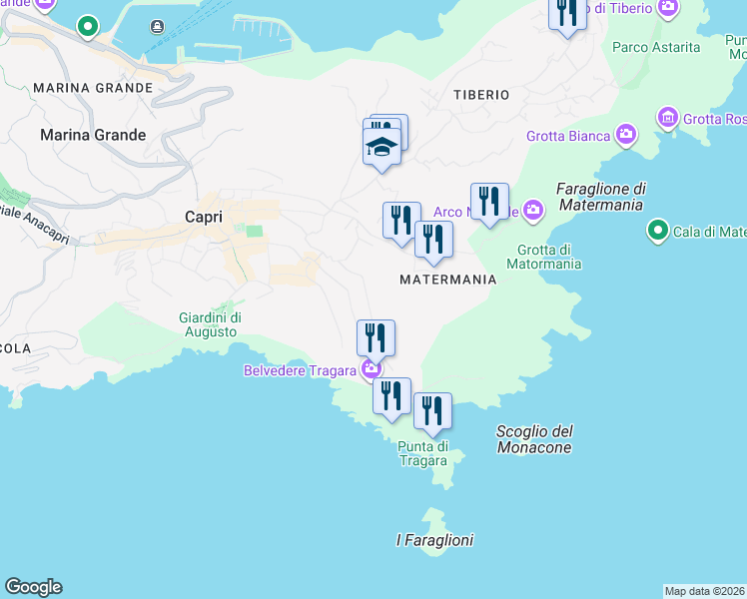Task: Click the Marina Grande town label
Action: click(x=93, y=135)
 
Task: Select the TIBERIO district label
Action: click(x=481, y=95)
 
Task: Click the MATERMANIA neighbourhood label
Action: click(x=447, y=281)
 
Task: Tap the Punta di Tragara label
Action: click(x=422, y=453)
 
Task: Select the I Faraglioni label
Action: click(x=434, y=540)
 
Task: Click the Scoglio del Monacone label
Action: click(x=534, y=439)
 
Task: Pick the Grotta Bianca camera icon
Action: click(x=626, y=134)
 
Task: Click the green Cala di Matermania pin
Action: click(x=657, y=232)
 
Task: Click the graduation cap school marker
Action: click(x=380, y=148)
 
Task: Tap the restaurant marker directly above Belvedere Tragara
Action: click(x=375, y=337)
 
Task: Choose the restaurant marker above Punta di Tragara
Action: click(x=432, y=411)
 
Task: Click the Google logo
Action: click(x=33, y=587)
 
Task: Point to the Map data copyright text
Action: click(x=704, y=591)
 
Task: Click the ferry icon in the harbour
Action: click(x=157, y=27)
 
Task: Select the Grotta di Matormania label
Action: click(x=544, y=258)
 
